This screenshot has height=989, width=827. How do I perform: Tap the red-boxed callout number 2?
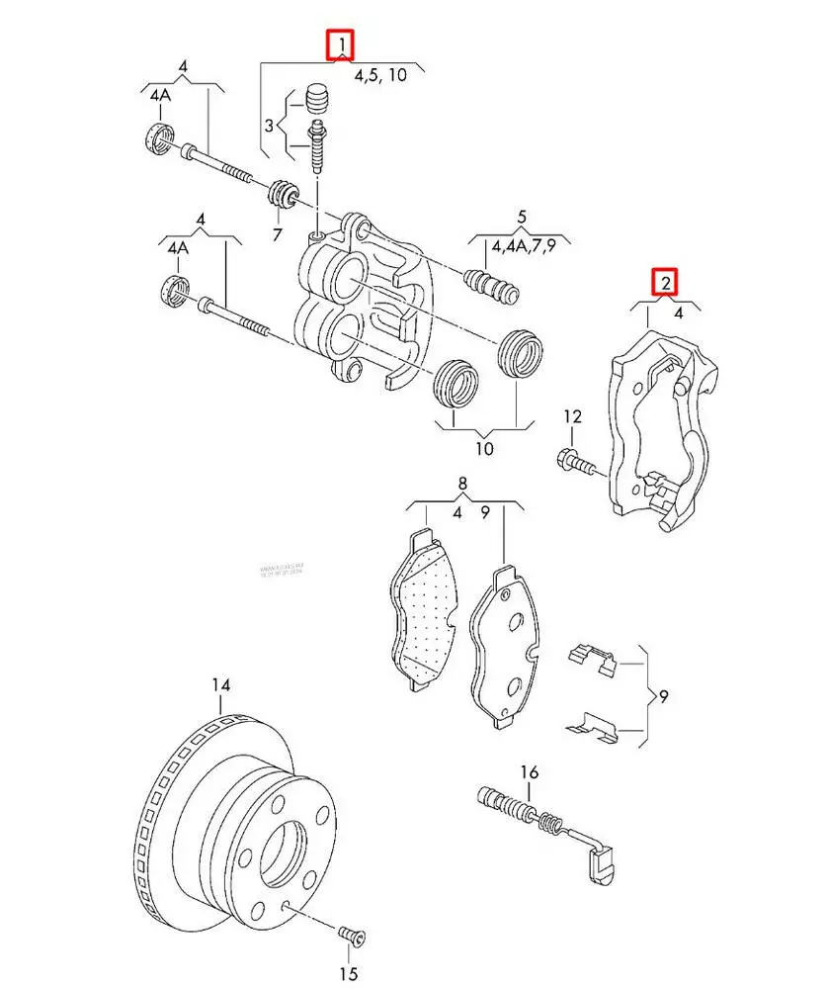668,284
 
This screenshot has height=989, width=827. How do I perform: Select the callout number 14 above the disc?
220,685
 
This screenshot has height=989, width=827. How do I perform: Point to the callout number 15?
347,975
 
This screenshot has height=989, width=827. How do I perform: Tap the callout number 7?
277,234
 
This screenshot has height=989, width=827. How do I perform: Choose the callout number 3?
268,128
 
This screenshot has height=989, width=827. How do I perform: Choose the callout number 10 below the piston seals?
483,449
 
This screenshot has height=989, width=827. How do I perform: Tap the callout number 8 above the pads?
459,485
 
